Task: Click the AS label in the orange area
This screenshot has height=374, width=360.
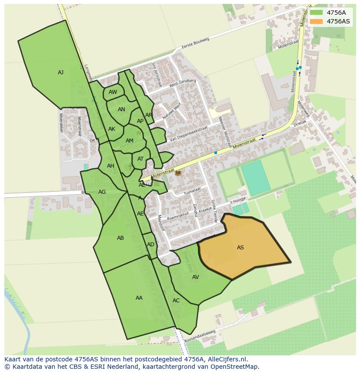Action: (240, 248)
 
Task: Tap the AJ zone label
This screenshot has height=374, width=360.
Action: (60, 73)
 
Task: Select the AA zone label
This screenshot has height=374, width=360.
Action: (139, 298)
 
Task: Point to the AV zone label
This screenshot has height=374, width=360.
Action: (195, 277)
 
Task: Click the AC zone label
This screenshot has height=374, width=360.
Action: (176, 301)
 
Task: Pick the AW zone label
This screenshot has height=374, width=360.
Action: (113, 92)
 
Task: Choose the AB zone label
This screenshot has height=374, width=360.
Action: (120, 238)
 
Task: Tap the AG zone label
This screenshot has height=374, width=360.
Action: (102, 192)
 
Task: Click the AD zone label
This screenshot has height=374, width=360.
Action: (150, 245)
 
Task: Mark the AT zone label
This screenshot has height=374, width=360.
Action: (140, 159)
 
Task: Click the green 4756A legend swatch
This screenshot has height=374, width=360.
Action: (316, 13)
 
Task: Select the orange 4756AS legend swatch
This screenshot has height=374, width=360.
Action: (316, 21)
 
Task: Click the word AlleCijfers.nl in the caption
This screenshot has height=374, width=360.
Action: (226, 359)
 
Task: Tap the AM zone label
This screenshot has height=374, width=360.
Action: (129, 141)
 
